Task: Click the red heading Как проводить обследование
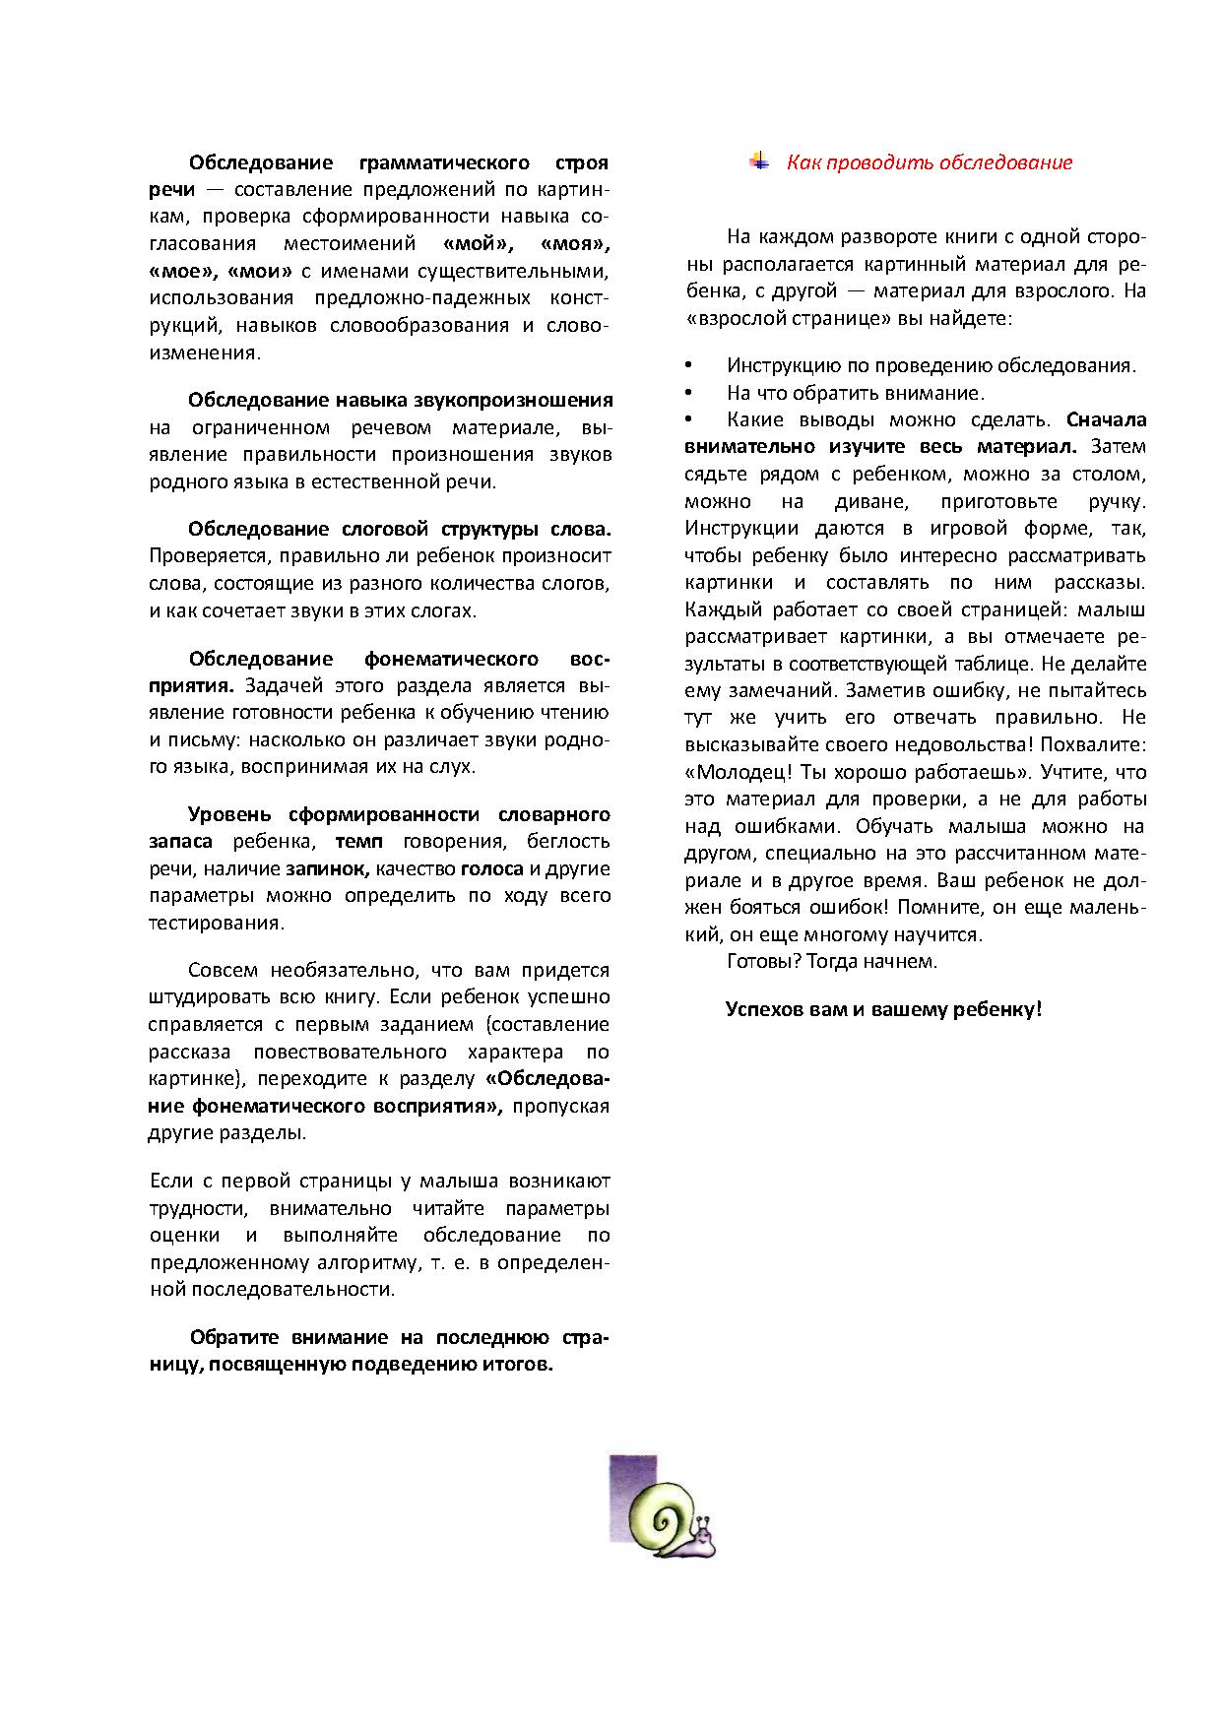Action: point(929,163)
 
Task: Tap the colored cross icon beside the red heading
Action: point(758,161)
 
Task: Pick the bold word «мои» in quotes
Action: point(260,271)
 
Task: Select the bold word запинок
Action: point(327,868)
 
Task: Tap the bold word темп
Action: point(358,842)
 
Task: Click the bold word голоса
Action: point(492,868)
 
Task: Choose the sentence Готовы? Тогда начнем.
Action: point(831,961)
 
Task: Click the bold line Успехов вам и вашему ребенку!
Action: point(883,1009)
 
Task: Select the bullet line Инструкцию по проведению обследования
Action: point(931,366)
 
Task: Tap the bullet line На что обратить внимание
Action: point(855,393)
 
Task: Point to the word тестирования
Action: point(216,923)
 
